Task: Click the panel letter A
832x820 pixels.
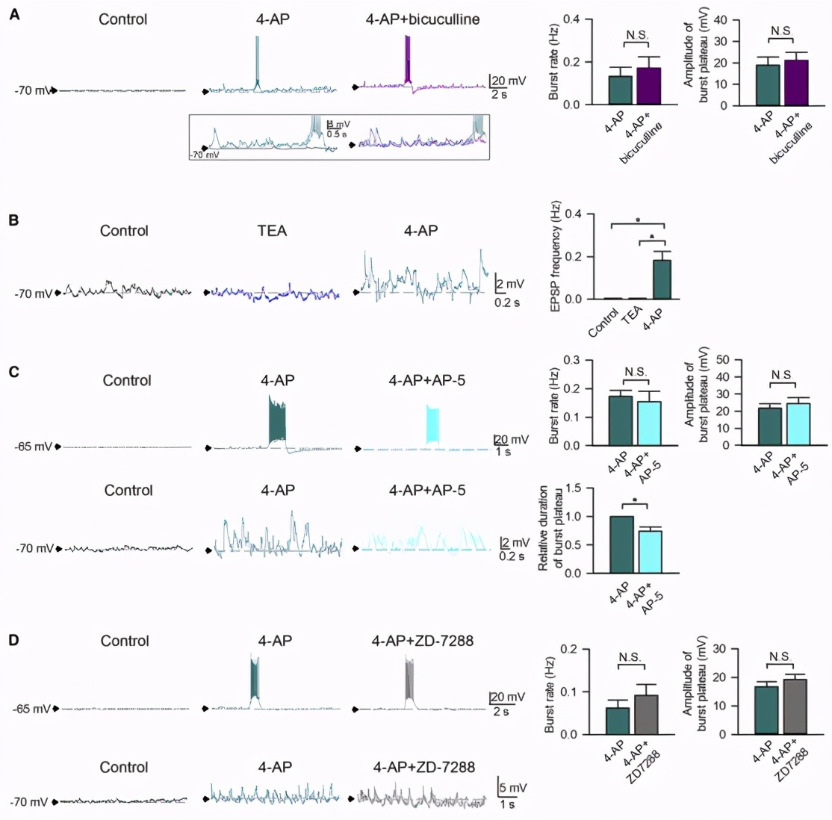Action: pos(14,14)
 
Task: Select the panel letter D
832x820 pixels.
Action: pos(14,640)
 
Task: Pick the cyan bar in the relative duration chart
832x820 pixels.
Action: pos(651,551)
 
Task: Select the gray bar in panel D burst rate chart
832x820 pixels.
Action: pos(646,715)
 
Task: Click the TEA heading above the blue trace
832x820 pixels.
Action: pos(272,231)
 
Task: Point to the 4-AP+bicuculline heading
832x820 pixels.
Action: pos(422,19)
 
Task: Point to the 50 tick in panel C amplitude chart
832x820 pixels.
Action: pos(722,359)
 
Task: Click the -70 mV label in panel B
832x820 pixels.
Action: pos(33,294)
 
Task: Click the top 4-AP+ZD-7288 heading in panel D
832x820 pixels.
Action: pos(422,640)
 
